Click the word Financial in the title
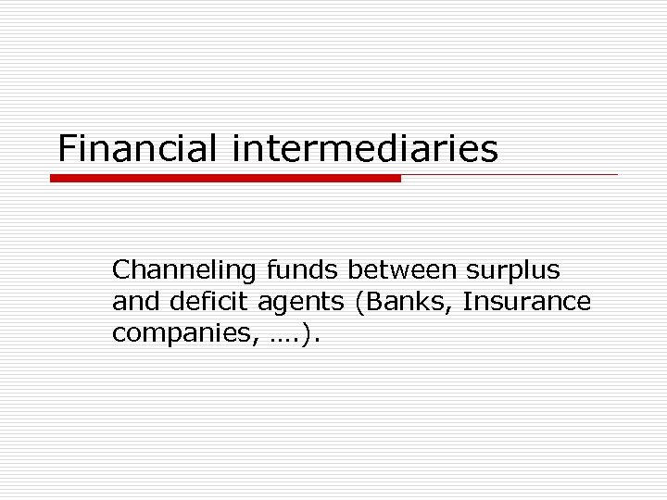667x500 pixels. (138, 148)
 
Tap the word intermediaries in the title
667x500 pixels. (365, 148)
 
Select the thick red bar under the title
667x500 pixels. (225, 178)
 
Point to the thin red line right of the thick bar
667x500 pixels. (510, 174)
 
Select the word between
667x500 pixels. (403, 270)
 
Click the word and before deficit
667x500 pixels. (132, 302)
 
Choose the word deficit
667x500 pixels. (193, 302)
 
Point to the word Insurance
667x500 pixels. (526, 302)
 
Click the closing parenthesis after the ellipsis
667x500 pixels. (307, 334)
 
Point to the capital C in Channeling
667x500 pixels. (120, 270)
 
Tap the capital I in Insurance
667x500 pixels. (466, 302)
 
